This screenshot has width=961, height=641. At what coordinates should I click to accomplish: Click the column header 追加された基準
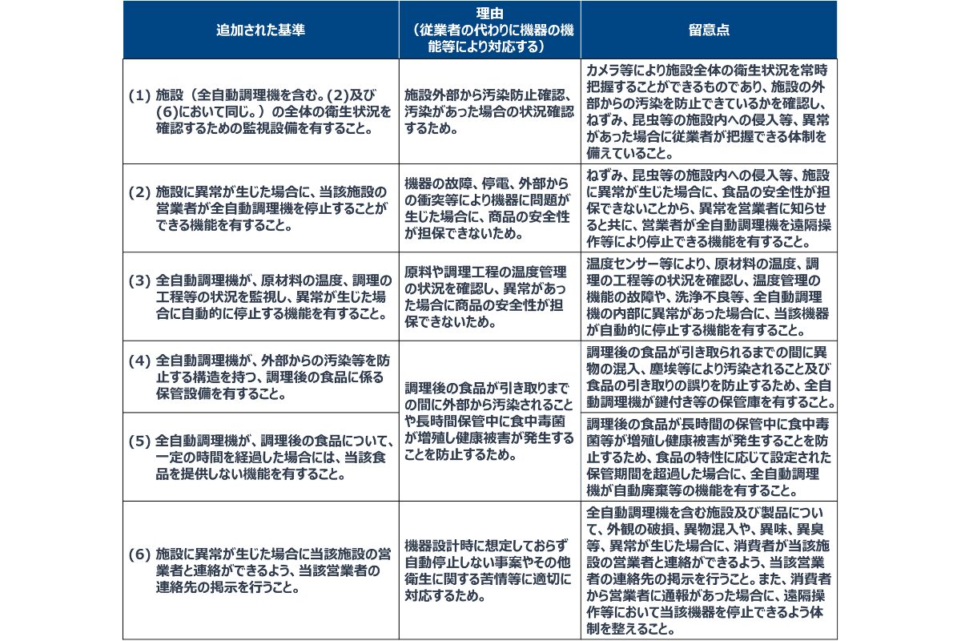pos(260,30)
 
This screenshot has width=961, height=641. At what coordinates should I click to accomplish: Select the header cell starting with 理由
pos(489,30)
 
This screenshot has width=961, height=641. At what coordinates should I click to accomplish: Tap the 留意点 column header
pos(709,30)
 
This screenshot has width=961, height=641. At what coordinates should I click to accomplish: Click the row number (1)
pos(139,95)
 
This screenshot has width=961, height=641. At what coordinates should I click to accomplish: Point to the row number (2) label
pos(139,193)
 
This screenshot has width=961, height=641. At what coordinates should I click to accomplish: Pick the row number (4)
pos(139,360)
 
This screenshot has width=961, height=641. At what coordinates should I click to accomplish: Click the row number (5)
pos(139,441)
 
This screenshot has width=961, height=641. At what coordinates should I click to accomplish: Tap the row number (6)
pos(139,554)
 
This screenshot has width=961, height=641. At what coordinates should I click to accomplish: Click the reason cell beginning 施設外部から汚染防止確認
pos(489,111)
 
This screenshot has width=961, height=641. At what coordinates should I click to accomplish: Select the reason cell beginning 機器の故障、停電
pos(489,207)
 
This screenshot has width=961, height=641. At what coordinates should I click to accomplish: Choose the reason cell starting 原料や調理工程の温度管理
pos(489,295)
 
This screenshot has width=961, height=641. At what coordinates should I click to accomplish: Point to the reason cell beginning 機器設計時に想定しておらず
pos(489,569)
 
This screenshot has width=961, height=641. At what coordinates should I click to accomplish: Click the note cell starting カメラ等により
pos(709,111)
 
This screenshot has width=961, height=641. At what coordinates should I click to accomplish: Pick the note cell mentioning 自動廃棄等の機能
pos(709,457)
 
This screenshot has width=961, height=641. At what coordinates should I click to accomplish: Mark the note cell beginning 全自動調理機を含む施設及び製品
pos(709,570)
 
